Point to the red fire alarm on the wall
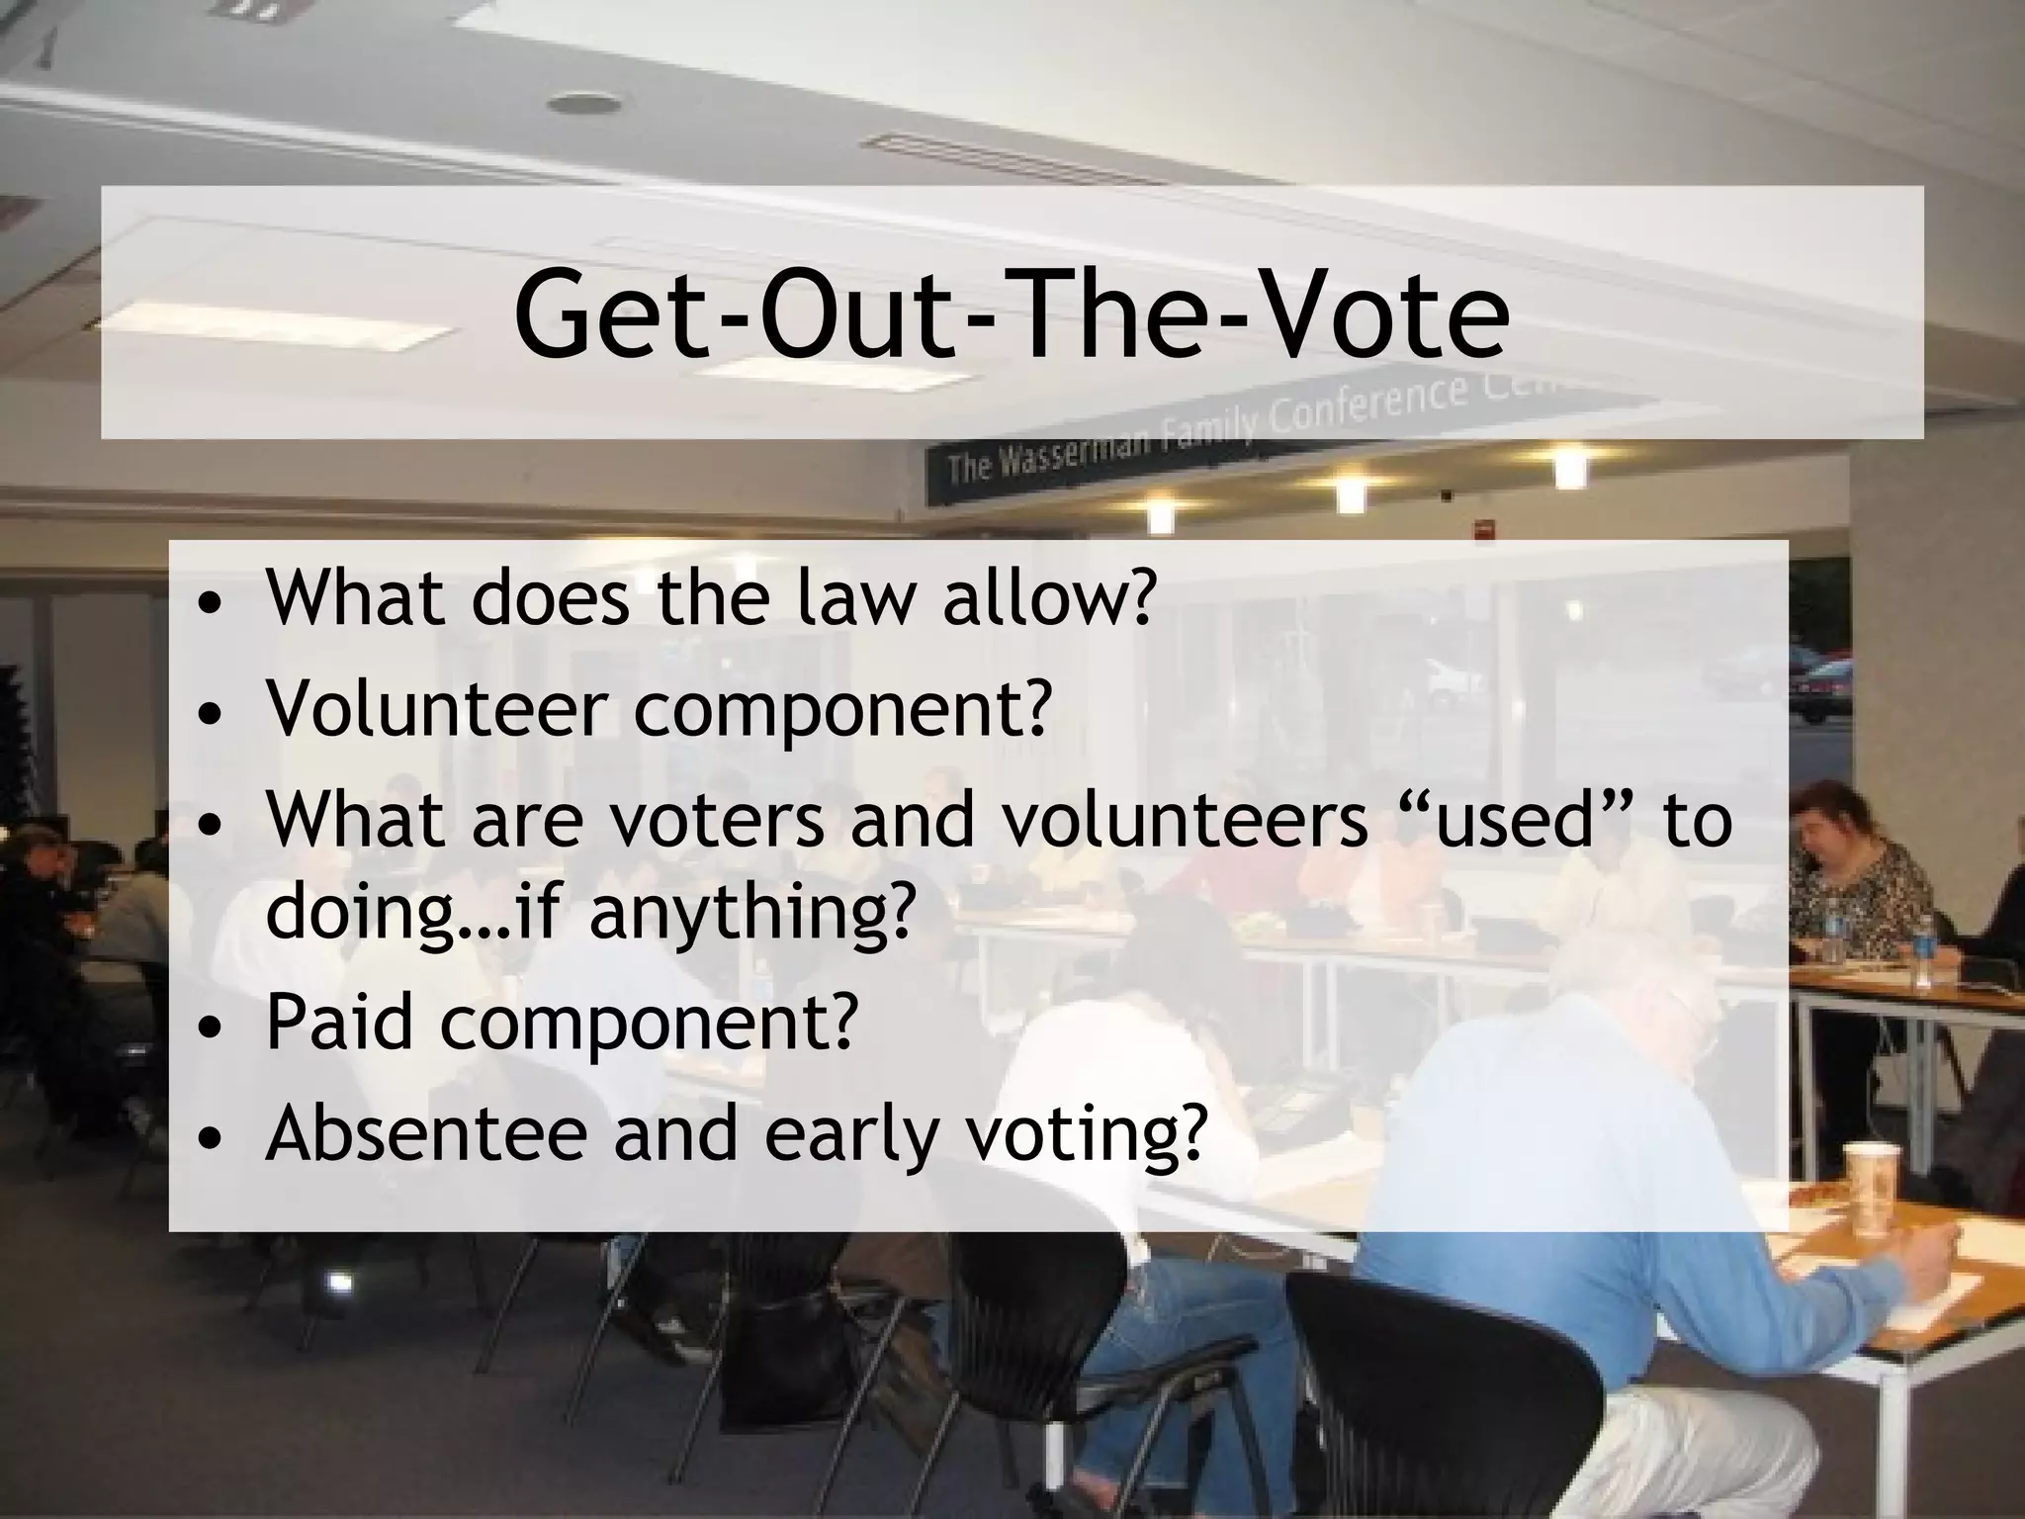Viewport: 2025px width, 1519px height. pos(1483,529)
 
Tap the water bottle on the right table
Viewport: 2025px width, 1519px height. pos(1922,951)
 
